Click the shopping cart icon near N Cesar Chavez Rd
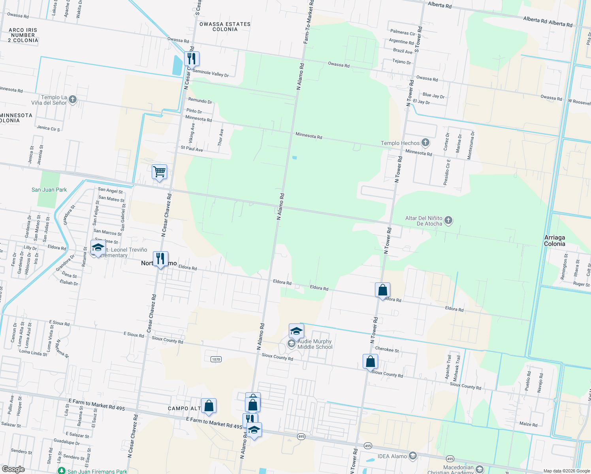(x=159, y=172)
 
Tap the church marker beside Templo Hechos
(x=425, y=142)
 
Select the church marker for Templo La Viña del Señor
(x=72, y=100)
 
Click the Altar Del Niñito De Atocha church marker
(x=448, y=220)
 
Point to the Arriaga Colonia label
(x=554, y=241)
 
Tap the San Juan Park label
(x=49, y=190)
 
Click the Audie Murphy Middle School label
(x=315, y=344)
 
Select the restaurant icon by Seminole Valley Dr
(x=191, y=59)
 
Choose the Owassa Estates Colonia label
(x=225, y=26)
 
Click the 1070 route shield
(x=216, y=359)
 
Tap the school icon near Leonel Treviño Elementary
(x=98, y=248)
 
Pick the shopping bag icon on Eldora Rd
(x=382, y=290)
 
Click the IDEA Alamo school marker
(x=412, y=456)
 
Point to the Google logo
(x=13, y=469)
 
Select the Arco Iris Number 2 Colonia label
(x=23, y=35)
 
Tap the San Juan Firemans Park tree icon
(x=61, y=471)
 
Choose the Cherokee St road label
(x=387, y=350)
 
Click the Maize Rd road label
(x=528, y=424)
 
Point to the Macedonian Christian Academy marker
(x=480, y=469)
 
